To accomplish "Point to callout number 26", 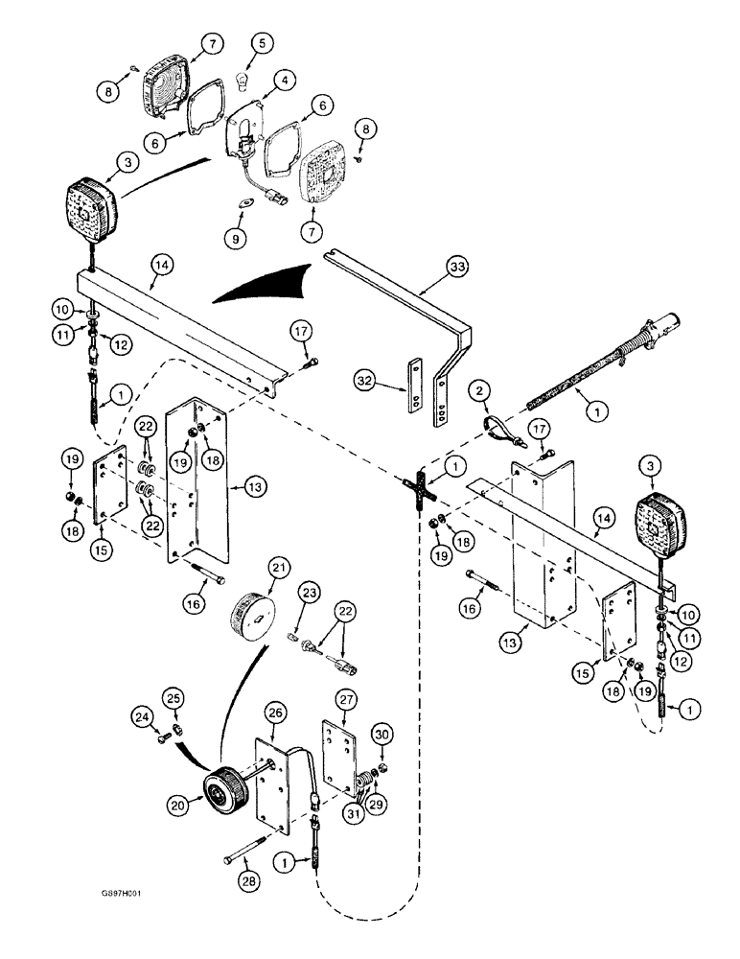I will (x=249, y=713).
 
